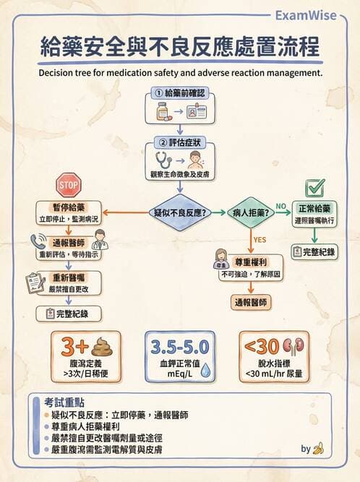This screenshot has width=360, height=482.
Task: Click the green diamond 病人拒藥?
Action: (249, 213)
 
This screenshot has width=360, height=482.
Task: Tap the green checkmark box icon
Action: (315, 187)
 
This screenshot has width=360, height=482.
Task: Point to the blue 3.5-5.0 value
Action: (180, 346)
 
